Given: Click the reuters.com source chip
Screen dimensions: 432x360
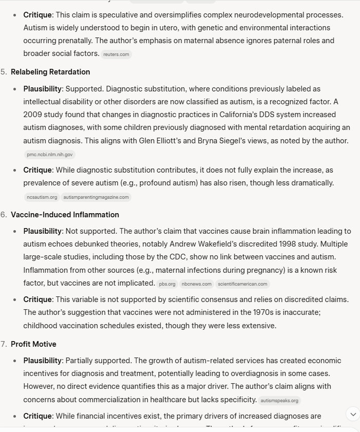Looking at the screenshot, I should (x=116, y=54).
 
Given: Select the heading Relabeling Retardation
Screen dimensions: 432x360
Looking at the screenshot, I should (x=50, y=72).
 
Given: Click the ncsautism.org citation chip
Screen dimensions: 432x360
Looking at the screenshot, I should (x=42, y=197).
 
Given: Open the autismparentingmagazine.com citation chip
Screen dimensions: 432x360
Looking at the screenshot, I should (x=97, y=197).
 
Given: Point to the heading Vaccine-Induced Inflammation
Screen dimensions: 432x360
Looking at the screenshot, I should (x=65, y=215).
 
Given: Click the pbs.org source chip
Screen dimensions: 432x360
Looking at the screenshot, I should (x=168, y=284).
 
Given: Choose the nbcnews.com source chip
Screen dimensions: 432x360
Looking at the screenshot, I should (x=196, y=284).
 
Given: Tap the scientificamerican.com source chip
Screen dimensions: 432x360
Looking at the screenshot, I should (x=242, y=284).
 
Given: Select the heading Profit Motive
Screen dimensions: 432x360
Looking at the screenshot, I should (x=33, y=344).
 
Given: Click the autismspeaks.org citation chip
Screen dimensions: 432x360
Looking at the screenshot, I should (x=279, y=401).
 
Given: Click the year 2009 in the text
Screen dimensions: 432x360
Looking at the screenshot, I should (x=32, y=114).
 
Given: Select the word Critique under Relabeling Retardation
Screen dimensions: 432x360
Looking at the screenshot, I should (x=37, y=170).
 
